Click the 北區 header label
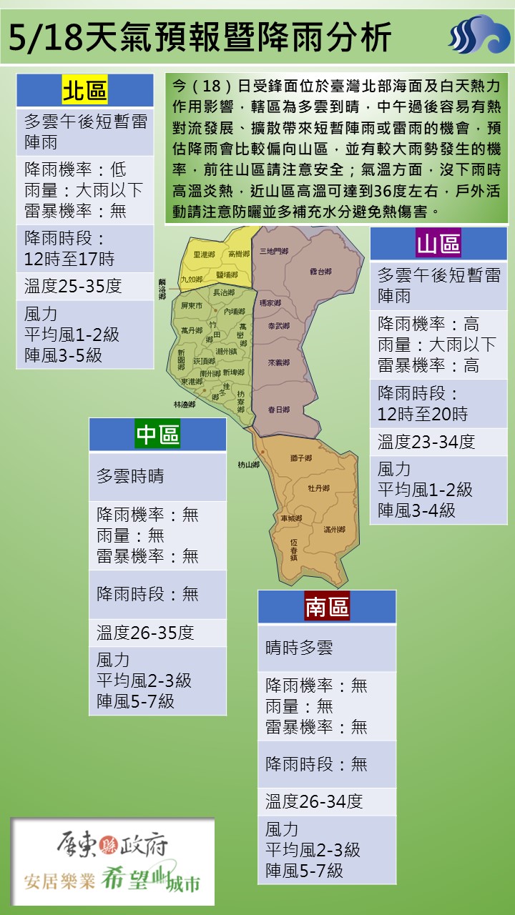(x=84, y=91)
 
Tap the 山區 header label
(x=438, y=244)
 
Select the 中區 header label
(x=157, y=435)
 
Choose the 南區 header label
(x=327, y=607)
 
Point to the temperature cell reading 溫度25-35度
(x=73, y=287)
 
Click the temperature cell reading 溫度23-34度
(x=426, y=442)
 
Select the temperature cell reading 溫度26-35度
(x=145, y=633)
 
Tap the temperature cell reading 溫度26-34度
(x=314, y=801)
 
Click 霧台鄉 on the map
(x=320, y=272)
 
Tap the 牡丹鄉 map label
(x=318, y=488)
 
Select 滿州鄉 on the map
(x=334, y=530)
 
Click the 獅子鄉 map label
(x=300, y=457)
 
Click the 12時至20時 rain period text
(x=423, y=414)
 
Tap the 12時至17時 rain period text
(x=69, y=259)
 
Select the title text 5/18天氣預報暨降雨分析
(x=200, y=36)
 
